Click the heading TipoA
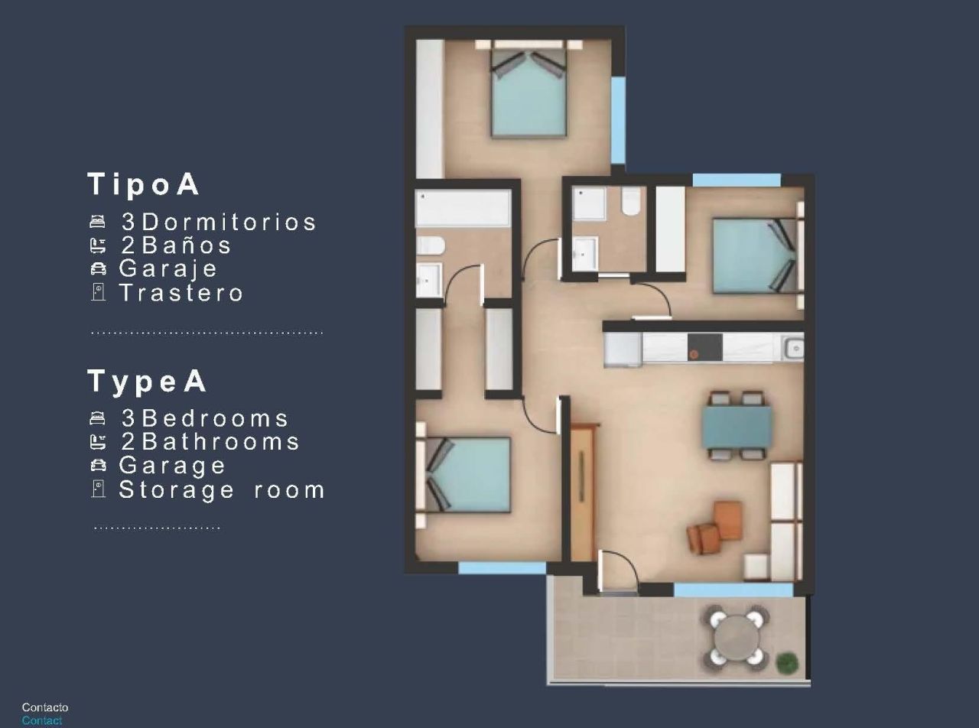pyautogui.click(x=144, y=184)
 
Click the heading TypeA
pyautogui.click(x=147, y=381)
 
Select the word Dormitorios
pyautogui.click(x=229, y=222)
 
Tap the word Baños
pyautogui.click(x=187, y=245)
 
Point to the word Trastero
pyautogui.click(x=181, y=293)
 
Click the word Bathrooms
pyautogui.click(x=220, y=442)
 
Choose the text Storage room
pyautogui.click(x=222, y=489)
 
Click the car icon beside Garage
pyautogui.click(x=98, y=465)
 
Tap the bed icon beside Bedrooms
pyautogui.click(x=97, y=418)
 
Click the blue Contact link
pyautogui.click(x=42, y=720)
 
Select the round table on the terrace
pyautogui.click(x=737, y=636)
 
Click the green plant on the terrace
pyautogui.click(x=785, y=661)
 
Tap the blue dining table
pyautogui.click(x=737, y=426)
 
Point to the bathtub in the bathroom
pyautogui.click(x=463, y=208)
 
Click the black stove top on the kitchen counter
pyautogui.click(x=704, y=347)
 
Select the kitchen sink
pyautogui.click(x=794, y=348)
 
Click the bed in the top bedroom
pyautogui.click(x=528, y=96)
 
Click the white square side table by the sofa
pyautogui.click(x=757, y=567)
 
